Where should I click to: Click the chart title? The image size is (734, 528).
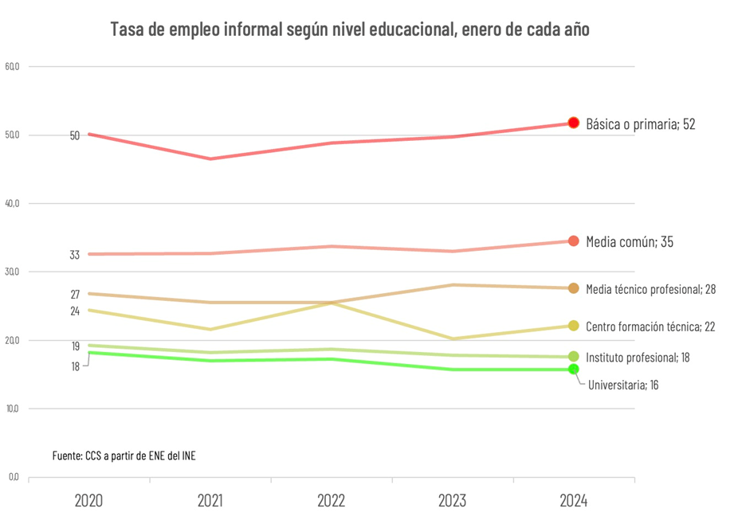(x=350, y=30)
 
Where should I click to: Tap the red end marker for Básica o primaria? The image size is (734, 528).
(x=573, y=123)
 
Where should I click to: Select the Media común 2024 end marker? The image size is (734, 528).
(x=573, y=241)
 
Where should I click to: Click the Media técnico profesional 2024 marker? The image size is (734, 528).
(x=573, y=288)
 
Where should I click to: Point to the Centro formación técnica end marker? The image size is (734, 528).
(x=573, y=326)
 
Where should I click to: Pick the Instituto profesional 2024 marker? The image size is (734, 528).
(x=573, y=357)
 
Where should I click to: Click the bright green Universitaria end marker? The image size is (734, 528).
(x=573, y=369)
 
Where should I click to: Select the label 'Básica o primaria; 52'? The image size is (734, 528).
(x=641, y=124)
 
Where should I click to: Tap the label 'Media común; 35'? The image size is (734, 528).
(x=630, y=241)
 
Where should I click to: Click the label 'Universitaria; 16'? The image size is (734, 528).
(x=623, y=385)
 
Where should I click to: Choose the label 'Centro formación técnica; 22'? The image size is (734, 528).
(x=650, y=327)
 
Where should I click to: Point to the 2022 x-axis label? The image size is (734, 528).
(x=332, y=501)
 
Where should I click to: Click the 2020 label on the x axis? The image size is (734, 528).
(x=88, y=501)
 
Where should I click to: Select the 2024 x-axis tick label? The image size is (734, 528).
(x=573, y=501)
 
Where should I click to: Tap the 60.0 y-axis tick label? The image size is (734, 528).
(x=12, y=66)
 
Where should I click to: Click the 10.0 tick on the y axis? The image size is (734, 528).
(x=12, y=409)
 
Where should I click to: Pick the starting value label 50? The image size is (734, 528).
(x=75, y=135)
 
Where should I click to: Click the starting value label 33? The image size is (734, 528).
(x=75, y=256)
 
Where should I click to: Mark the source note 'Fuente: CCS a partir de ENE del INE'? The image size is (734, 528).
(x=124, y=456)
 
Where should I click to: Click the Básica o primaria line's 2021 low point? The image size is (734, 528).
(x=210, y=158)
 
